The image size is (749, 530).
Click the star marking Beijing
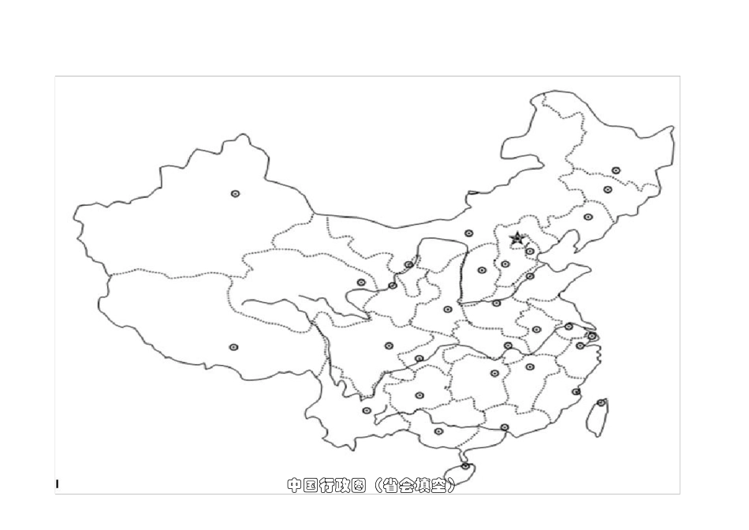(x=517, y=237)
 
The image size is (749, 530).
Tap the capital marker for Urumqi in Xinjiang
(x=235, y=193)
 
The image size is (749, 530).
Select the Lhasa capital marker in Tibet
(x=233, y=347)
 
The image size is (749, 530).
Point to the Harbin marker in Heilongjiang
(x=616, y=170)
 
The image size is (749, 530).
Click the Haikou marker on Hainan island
(x=465, y=466)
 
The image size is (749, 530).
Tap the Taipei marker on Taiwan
(x=602, y=402)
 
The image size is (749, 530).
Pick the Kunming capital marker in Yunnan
(x=367, y=410)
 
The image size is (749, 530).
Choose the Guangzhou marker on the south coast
(x=505, y=427)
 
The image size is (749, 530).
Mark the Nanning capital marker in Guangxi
(x=439, y=431)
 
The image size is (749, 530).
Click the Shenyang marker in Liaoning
(x=588, y=217)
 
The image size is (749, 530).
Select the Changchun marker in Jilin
(x=607, y=189)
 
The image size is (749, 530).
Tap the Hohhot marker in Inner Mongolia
(x=469, y=233)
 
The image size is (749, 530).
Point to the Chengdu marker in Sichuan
(x=389, y=345)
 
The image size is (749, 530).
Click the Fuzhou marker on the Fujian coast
(x=576, y=392)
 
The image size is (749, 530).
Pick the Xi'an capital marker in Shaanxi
(x=448, y=309)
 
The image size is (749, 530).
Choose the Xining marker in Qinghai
(x=361, y=282)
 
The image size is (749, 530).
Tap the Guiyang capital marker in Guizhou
(x=419, y=395)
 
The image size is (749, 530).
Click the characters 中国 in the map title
(x=300, y=486)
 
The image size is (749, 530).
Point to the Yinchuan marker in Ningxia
(x=408, y=265)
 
